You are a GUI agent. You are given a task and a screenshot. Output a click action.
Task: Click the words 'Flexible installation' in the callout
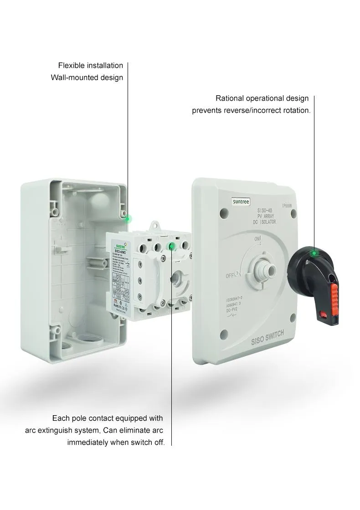click(90, 66)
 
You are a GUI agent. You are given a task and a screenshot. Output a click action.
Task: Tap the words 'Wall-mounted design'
click(87, 77)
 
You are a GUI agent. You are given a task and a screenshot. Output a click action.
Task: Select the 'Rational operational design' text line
click(262, 98)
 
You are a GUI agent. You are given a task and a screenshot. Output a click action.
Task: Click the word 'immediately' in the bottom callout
click(87, 442)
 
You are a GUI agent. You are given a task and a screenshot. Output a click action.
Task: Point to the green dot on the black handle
click(314, 252)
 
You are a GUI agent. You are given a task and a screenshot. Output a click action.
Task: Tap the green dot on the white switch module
click(172, 247)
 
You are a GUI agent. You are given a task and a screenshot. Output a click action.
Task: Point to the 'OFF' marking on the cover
click(231, 276)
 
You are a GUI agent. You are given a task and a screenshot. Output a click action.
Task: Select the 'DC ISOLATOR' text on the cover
click(261, 222)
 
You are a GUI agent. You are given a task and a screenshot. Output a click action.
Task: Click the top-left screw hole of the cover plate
click(223, 212)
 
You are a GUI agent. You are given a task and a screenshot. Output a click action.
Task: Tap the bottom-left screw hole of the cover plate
click(224, 335)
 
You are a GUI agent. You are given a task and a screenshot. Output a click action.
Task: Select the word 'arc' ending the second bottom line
click(157, 430)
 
